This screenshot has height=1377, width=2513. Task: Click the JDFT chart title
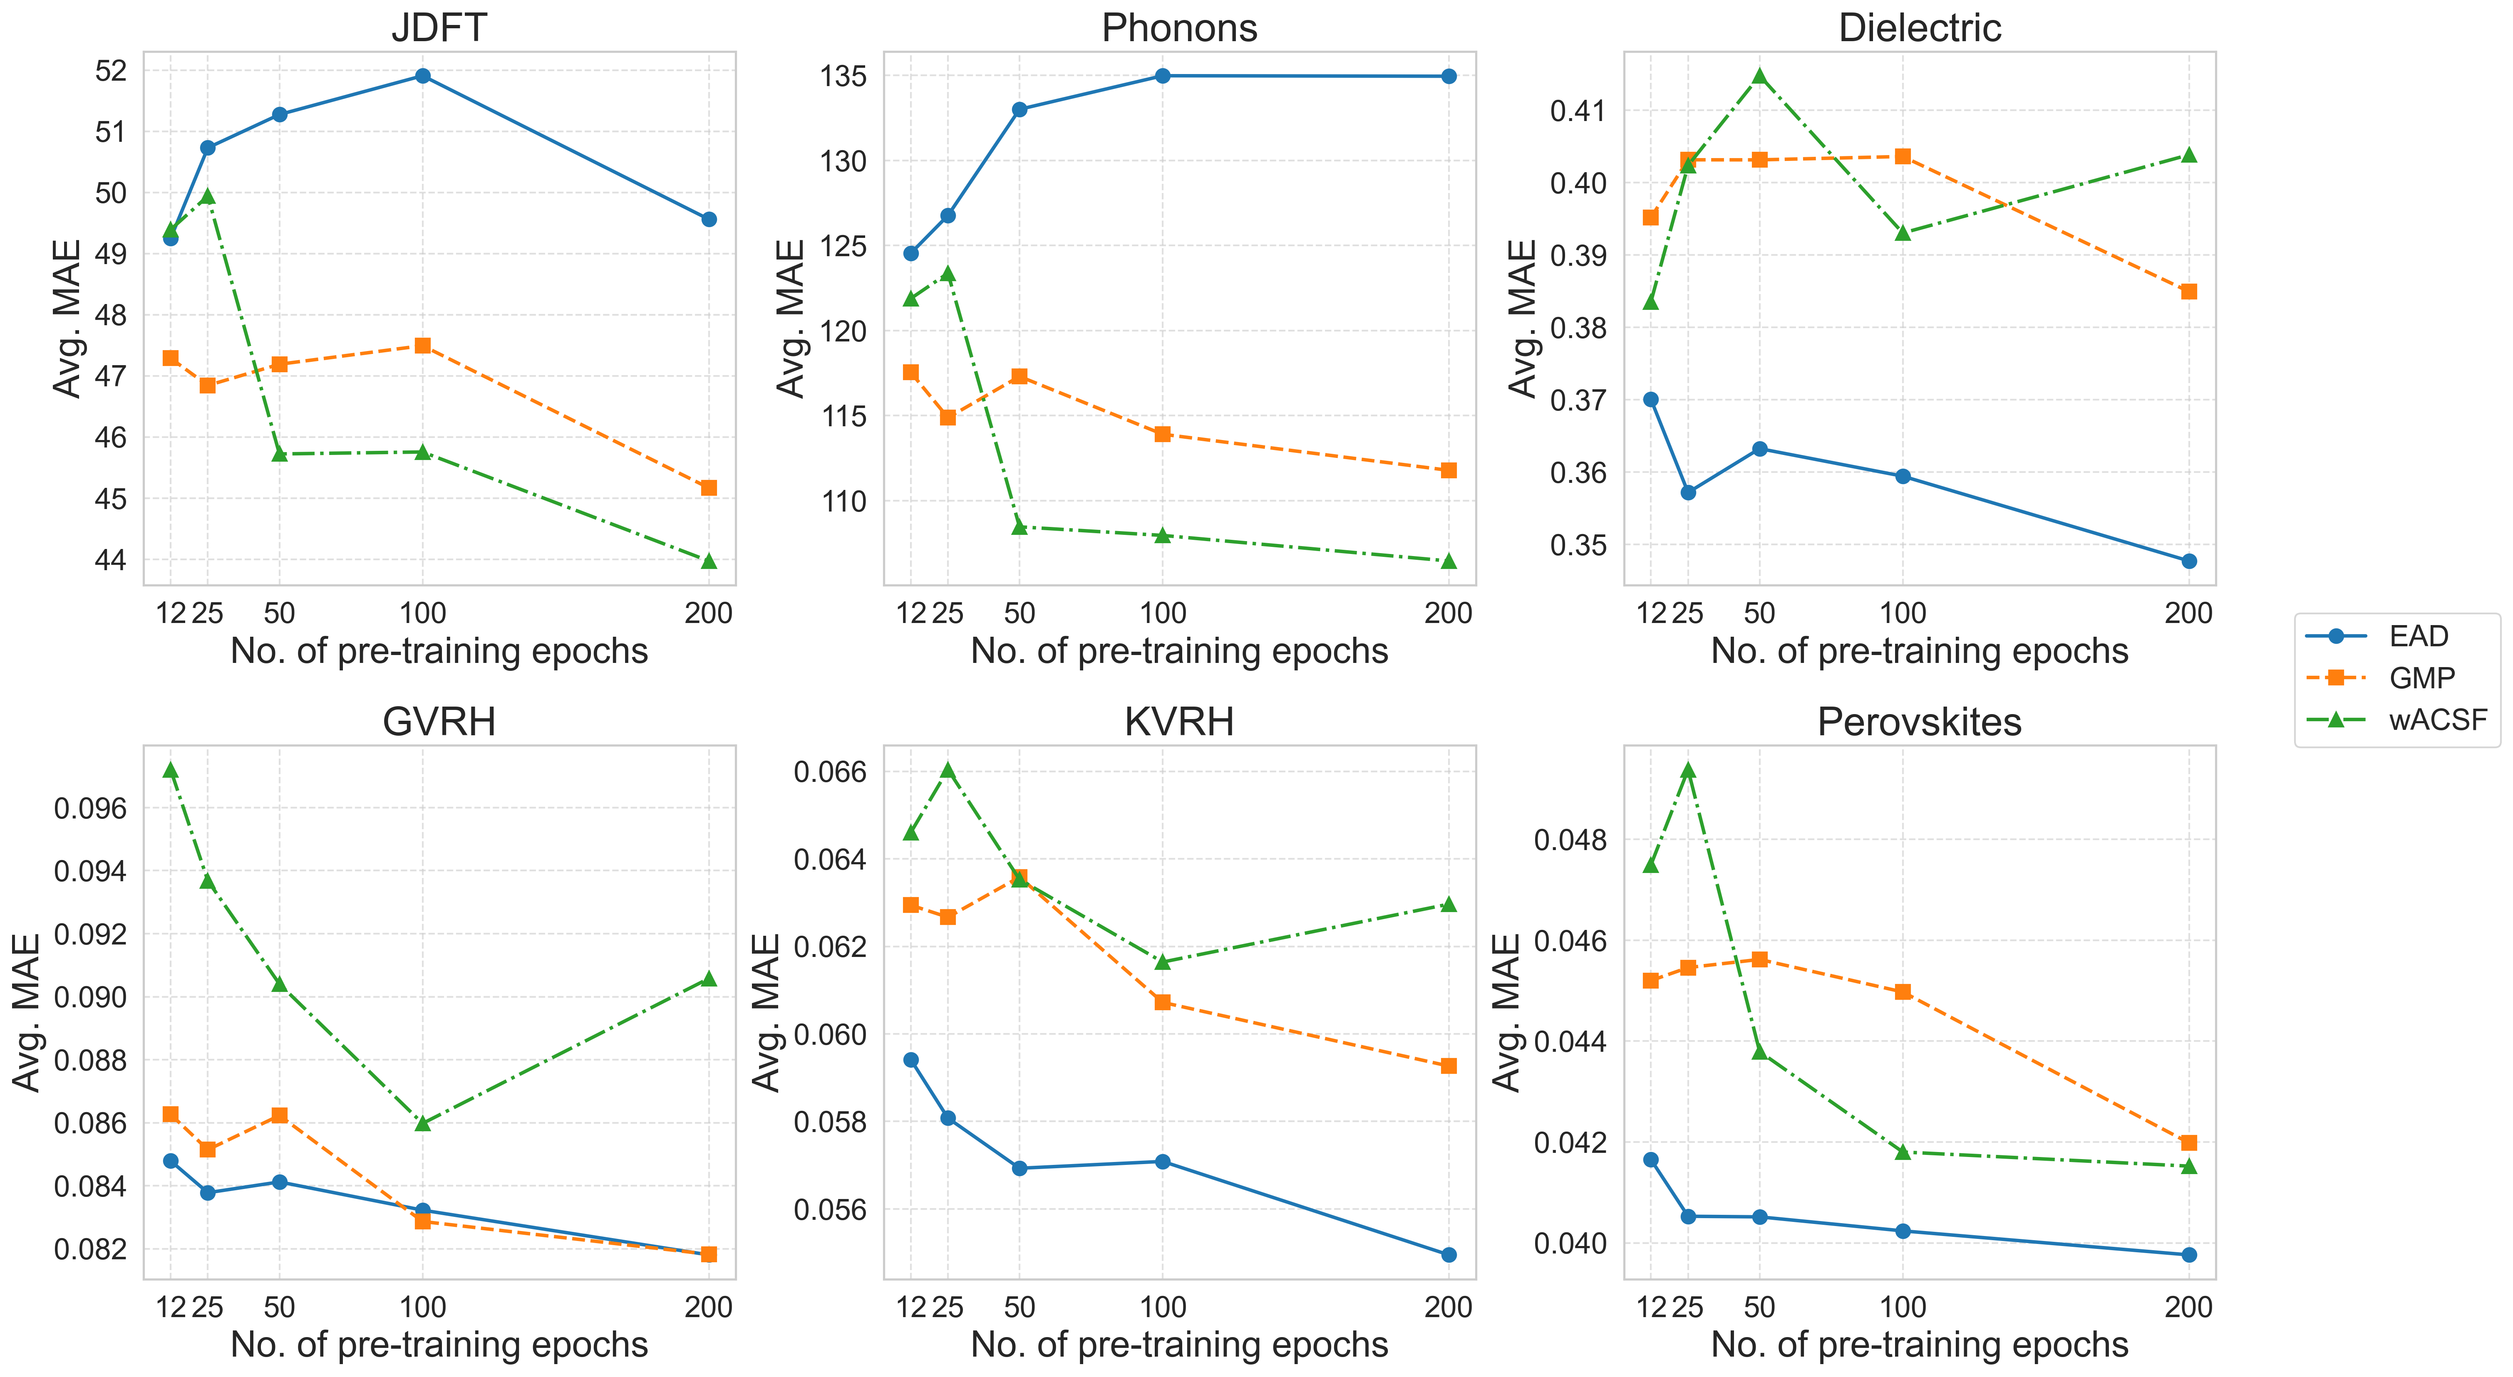tap(439, 27)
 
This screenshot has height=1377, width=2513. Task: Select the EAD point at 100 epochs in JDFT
tap(422, 76)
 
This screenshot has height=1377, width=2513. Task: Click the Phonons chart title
tap(1179, 27)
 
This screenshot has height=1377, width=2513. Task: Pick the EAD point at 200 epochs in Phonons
tap(1449, 76)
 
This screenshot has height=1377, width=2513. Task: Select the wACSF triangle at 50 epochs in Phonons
tap(1020, 527)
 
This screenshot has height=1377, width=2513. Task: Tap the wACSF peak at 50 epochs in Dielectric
tap(1760, 76)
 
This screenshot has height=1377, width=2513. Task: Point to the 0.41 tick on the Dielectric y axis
tap(1578, 110)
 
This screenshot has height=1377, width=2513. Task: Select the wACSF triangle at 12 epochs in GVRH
tap(171, 770)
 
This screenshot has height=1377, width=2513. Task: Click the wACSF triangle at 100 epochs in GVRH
tap(422, 1123)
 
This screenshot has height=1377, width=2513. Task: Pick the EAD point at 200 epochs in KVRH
tap(1449, 1255)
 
